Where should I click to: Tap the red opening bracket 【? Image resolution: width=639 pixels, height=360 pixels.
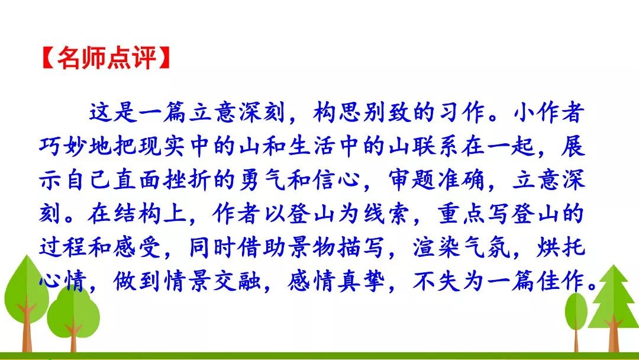[x=49, y=58]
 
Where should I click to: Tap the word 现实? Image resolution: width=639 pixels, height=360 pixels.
[x=162, y=146]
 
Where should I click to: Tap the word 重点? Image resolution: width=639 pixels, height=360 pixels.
[x=462, y=213]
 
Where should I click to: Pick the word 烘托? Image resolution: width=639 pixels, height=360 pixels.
[x=561, y=247]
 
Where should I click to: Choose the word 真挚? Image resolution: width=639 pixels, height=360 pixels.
[x=361, y=281]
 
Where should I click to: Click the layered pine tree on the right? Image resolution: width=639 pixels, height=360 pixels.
[x=614, y=302]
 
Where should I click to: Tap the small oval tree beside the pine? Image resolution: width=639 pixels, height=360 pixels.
[x=576, y=314]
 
